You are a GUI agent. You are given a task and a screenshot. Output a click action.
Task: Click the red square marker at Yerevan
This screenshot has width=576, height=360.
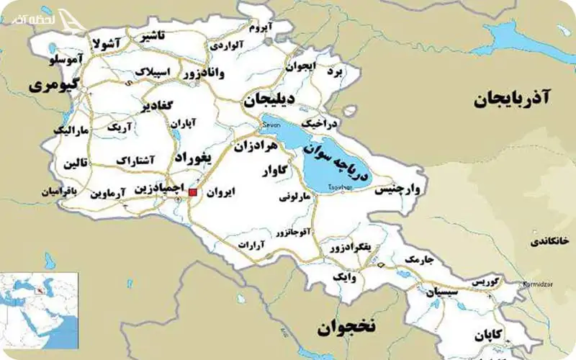(192, 192)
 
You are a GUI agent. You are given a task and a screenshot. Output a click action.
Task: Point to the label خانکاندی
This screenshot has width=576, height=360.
(550, 241)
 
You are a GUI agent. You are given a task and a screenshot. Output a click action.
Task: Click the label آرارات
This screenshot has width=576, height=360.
(253, 246)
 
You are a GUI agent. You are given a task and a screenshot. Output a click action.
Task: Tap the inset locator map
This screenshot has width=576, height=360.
(39, 310)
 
